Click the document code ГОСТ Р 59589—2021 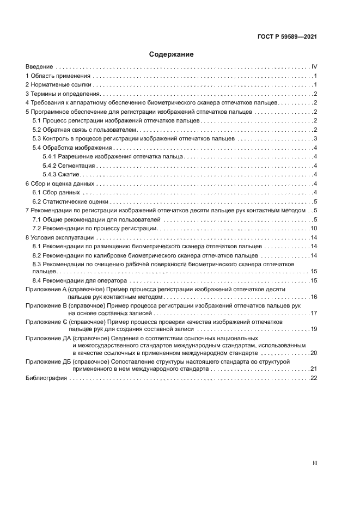pyautogui.click(x=287, y=38)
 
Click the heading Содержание pyautogui.click(x=172, y=54)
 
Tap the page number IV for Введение pyautogui.click(x=314, y=67)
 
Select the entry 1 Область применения pyautogui.click(x=58, y=76)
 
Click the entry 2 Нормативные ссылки pyautogui.click(x=58, y=85)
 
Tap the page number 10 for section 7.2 pyautogui.click(x=314, y=228)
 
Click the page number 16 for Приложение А pyautogui.click(x=314, y=297)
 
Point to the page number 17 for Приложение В pyautogui.click(x=314, y=313)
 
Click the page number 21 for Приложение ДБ pyautogui.click(x=314, y=369)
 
